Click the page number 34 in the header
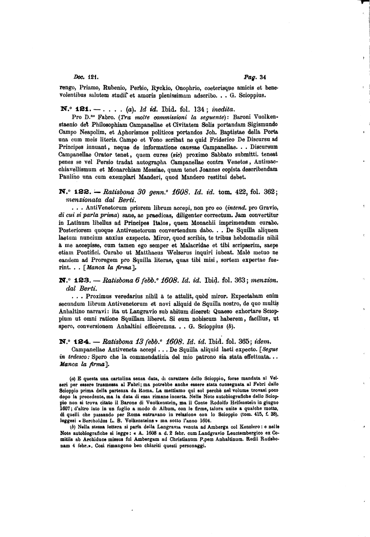(x=262, y=77)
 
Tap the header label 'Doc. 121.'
(x=85, y=77)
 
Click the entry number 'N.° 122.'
(x=75, y=192)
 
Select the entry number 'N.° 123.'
(x=75, y=280)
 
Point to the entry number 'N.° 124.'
(x=75, y=341)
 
